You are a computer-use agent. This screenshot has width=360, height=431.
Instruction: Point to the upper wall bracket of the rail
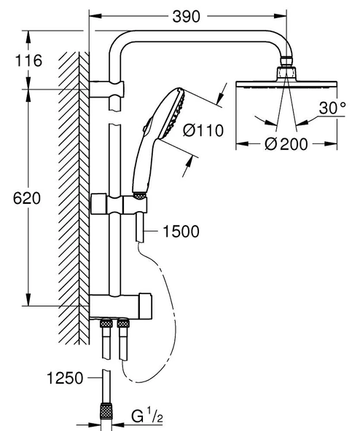[107, 91]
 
